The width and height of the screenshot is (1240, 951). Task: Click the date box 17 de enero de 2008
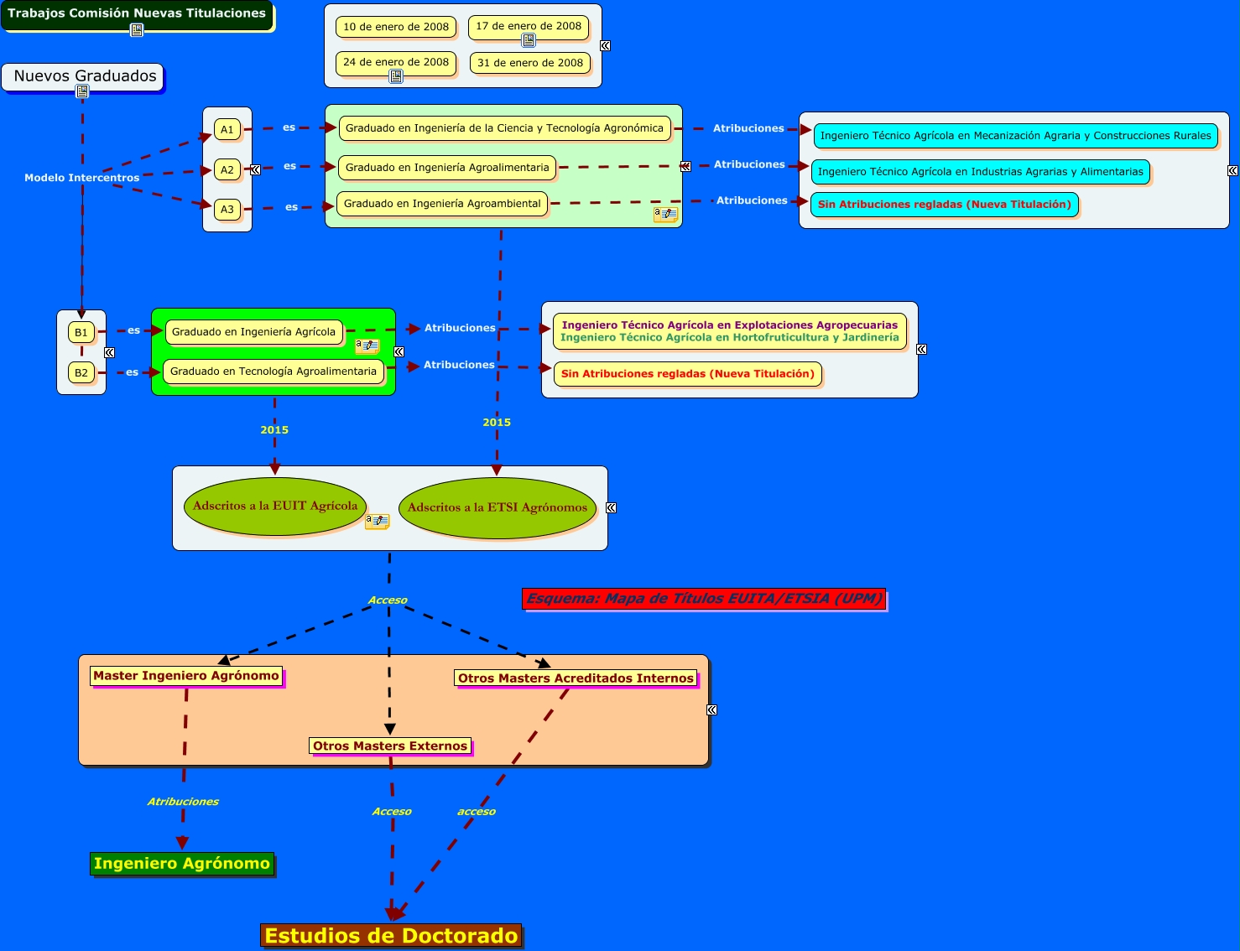click(x=529, y=26)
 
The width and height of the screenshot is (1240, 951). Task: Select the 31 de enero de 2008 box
click(x=530, y=63)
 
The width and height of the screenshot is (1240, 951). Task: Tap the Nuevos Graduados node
click(x=85, y=76)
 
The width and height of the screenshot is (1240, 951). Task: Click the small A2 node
click(x=227, y=169)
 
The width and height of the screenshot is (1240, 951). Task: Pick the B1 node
click(x=81, y=332)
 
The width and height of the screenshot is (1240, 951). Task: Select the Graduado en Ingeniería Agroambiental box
click(x=442, y=204)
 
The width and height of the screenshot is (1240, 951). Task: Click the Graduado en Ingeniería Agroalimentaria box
click(x=447, y=168)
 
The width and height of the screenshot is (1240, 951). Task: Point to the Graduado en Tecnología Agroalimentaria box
click(x=274, y=372)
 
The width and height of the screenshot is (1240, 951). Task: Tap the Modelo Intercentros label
click(x=82, y=178)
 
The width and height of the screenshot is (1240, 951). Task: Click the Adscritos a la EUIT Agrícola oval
click(x=275, y=506)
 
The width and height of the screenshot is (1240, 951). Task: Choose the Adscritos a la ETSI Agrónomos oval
click(x=498, y=507)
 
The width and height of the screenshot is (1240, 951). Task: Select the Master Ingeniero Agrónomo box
click(x=186, y=676)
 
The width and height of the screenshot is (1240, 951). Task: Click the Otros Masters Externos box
click(x=390, y=746)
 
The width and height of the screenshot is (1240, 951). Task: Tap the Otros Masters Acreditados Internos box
click(x=576, y=678)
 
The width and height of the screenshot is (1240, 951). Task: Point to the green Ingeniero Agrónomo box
click(x=182, y=864)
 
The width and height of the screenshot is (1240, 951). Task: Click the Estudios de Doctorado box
click(x=392, y=936)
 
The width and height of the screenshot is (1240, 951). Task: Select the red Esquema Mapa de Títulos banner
click(x=705, y=599)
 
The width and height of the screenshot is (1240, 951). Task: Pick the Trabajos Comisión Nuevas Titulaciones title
click(x=137, y=13)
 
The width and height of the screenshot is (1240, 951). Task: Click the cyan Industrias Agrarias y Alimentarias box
click(x=980, y=172)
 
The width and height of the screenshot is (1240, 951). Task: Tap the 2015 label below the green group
click(x=274, y=430)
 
